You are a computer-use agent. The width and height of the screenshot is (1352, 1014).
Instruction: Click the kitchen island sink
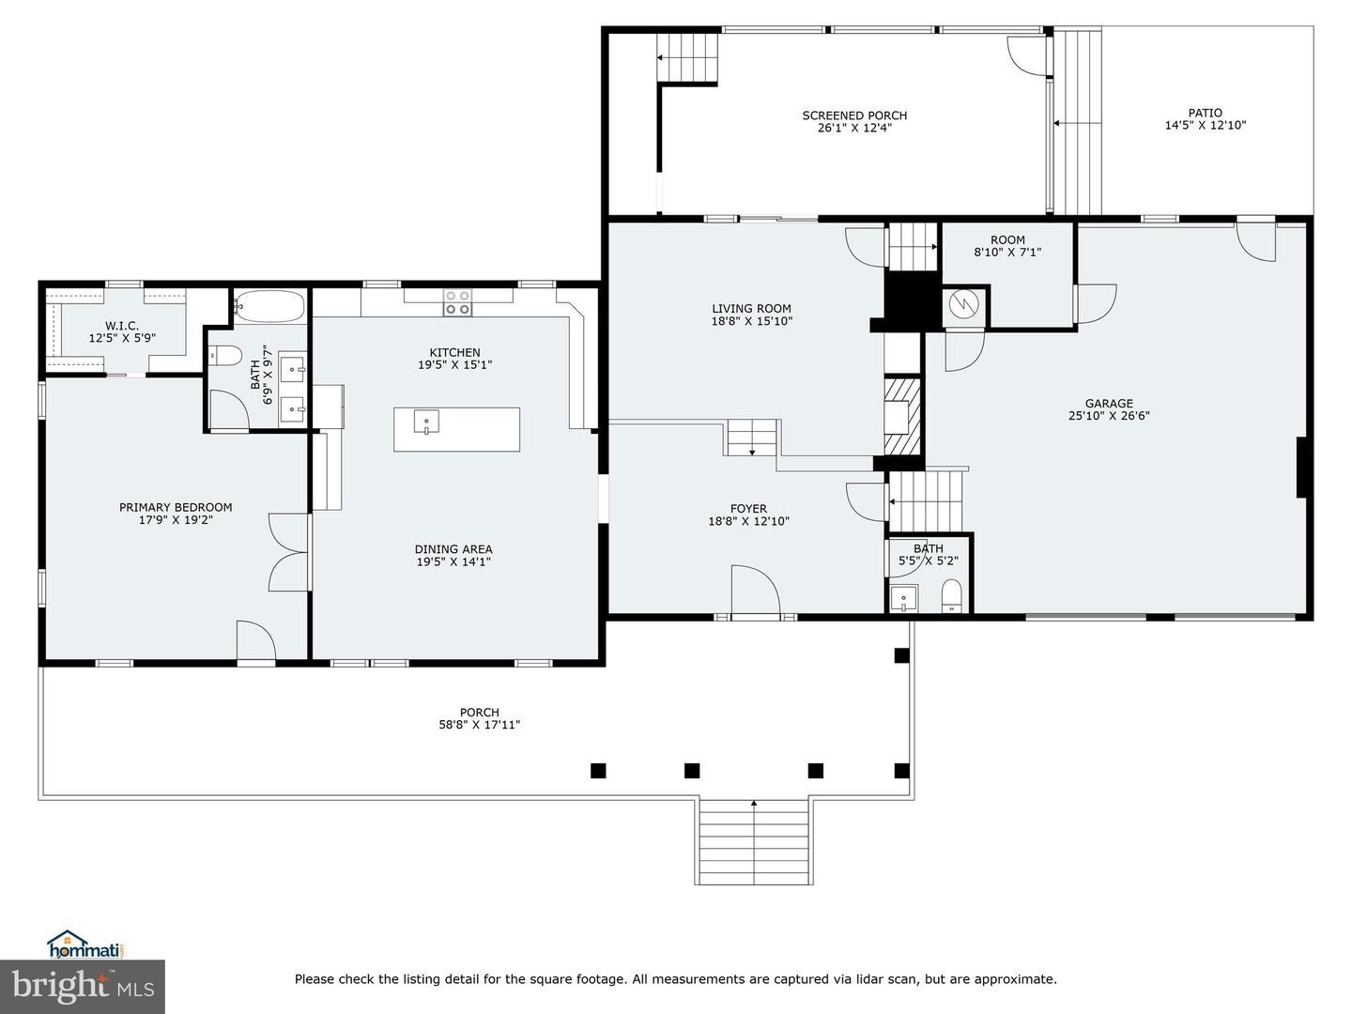click(x=426, y=422)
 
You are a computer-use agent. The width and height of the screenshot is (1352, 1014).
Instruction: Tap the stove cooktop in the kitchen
click(x=457, y=303)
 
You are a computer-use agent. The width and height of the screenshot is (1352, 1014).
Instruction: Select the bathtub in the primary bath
click(x=269, y=307)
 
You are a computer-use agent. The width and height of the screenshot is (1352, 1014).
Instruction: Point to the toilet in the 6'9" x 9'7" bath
click(x=224, y=356)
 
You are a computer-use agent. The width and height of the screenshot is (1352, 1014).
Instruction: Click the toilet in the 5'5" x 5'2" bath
click(x=952, y=595)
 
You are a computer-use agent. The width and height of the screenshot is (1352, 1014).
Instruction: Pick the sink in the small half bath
click(x=903, y=599)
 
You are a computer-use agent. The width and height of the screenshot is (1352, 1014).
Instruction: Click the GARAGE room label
click(x=1109, y=404)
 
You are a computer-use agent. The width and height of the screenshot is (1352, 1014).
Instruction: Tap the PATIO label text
click(x=1205, y=113)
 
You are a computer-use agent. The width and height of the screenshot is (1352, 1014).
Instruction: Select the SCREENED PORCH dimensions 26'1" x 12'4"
click(x=854, y=128)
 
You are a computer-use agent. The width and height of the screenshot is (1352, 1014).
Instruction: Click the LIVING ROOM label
click(x=751, y=309)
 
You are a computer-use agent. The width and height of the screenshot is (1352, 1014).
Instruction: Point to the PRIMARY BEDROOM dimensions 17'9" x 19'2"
click(x=176, y=520)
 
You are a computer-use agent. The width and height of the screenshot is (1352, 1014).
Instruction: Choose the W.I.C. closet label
click(x=122, y=325)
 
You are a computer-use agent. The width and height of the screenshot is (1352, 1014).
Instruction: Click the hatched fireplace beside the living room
click(x=902, y=416)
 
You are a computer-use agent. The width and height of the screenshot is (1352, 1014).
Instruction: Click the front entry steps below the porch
click(x=754, y=842)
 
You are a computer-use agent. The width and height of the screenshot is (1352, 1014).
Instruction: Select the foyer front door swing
click(x=756, y=590)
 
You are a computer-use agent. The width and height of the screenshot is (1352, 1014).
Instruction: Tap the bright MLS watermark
click(x=82, y=987)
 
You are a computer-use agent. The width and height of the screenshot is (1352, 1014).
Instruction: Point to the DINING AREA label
click(x=453, y=549)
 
